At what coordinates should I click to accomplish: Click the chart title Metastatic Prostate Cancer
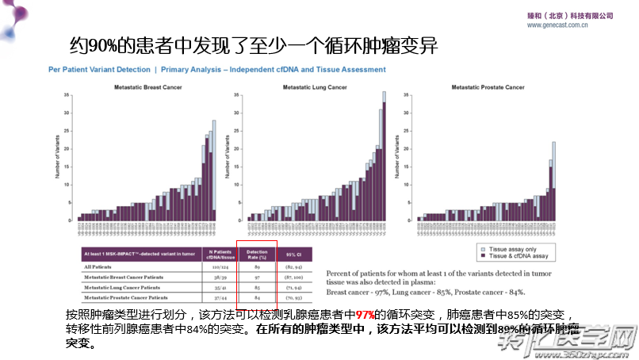488,86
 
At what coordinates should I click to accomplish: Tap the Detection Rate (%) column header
258,254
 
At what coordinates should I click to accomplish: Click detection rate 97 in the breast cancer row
258,278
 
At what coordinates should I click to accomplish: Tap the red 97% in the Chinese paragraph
365,315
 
